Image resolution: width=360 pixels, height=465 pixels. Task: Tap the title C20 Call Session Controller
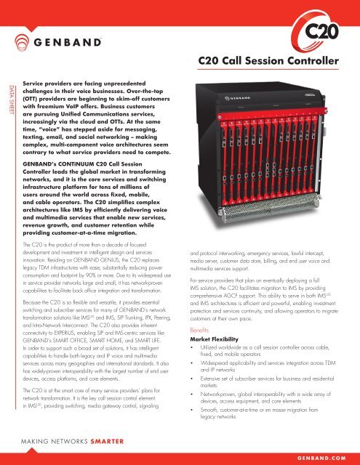267,60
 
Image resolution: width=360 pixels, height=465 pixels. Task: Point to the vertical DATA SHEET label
9,101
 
